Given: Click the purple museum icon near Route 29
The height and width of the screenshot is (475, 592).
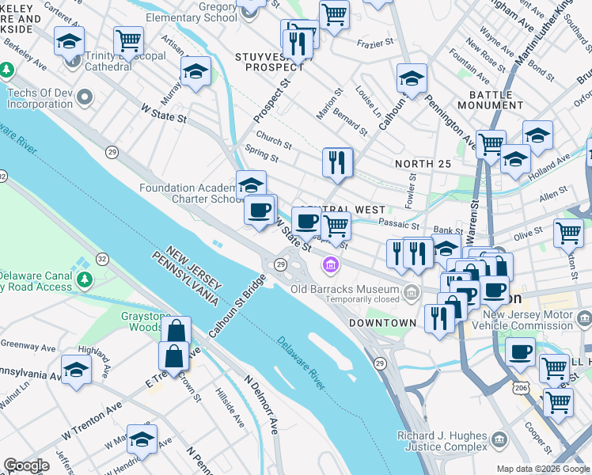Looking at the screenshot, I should point(328,264).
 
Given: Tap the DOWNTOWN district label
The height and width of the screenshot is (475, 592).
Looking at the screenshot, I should point(383,323).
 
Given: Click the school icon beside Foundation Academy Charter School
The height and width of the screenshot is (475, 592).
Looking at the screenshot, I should point(251,185).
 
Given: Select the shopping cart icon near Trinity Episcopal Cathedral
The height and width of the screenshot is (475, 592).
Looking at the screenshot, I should point(128,40).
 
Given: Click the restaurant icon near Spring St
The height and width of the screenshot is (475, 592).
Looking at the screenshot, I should point(338,161).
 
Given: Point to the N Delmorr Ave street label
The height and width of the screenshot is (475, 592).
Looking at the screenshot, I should point(262,404).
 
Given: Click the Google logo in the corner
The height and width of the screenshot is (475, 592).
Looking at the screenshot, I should point(26,465).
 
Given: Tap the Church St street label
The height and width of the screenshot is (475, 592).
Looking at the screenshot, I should point(274,139).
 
